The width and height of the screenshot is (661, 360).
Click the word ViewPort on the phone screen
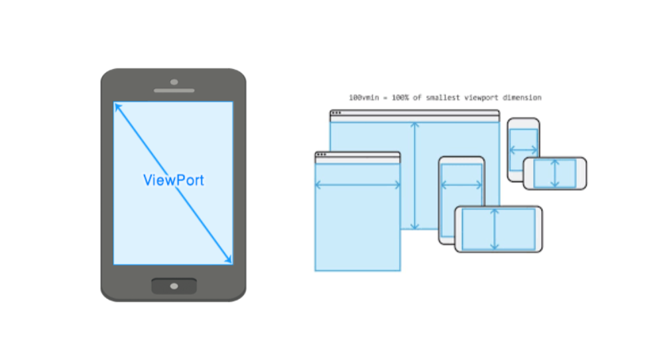[174, 180]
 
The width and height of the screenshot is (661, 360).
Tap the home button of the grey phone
[174, 286]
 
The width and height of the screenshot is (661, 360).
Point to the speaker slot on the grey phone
[174, 90]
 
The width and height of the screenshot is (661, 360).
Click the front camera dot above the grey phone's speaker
[174, 82]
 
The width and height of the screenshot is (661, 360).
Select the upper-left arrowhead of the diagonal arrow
[118, 107]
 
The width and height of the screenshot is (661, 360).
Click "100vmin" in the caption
[362, 97]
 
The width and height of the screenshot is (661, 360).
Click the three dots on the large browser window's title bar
[336, 113]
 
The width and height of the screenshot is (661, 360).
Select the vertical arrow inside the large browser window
[415, 176]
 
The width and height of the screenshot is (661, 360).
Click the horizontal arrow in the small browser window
[357, 185]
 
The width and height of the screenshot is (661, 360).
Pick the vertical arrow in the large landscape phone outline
[495, 229]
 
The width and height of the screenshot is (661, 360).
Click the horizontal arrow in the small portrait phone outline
[523, 150]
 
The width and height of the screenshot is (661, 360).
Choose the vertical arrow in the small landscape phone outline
[555, 173]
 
